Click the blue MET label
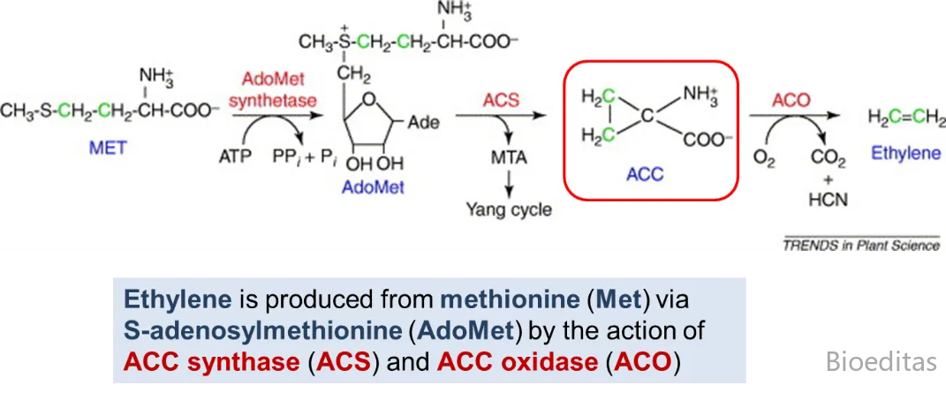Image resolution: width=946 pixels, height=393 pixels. point(107,147)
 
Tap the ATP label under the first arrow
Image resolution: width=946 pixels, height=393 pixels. point(234,157)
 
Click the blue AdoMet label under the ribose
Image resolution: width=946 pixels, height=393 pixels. point(374,186)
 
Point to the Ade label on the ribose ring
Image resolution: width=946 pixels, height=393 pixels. point(422,123)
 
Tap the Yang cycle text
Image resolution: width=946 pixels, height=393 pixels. point(509,210)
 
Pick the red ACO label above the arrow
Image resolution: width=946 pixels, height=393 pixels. point(791,100)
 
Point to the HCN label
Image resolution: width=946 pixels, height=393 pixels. point(828,200)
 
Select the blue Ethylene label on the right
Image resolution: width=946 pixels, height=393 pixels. point(905,153)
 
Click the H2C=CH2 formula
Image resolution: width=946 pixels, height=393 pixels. point(905,117)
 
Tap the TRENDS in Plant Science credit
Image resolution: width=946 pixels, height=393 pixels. point(860,246)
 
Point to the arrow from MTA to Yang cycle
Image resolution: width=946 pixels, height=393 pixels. point(510,185)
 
